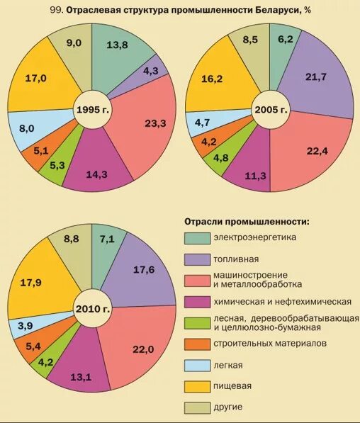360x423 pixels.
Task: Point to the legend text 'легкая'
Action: pos(227,365)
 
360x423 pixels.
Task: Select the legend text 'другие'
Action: pos(227,407)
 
